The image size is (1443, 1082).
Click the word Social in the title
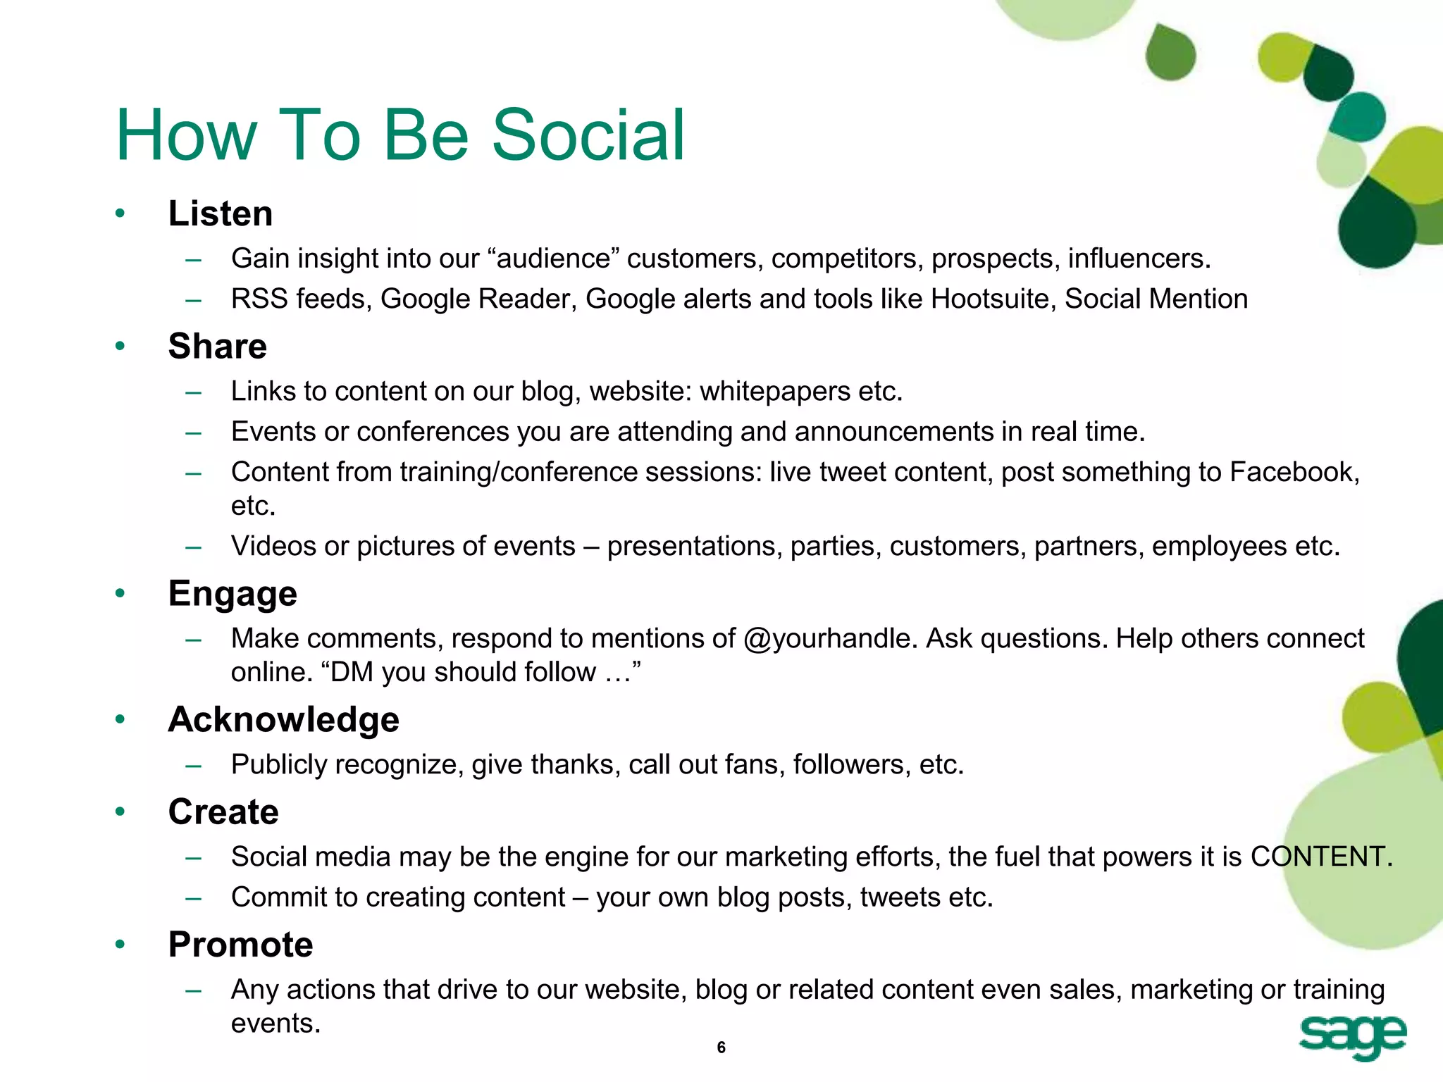coord(588,135)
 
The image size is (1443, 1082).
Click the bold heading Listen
coord(220,213)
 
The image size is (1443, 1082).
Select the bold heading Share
coord(217,346)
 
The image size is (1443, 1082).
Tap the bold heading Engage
coord(233,593)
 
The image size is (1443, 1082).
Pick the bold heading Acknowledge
coord(283,719)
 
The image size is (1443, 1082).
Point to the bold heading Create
coord(223,811)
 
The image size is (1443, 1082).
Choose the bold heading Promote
coord(240,944)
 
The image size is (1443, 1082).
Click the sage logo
coord(1352,1037)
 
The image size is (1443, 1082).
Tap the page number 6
coord(721,1047)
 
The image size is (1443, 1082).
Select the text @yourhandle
coord(830,638)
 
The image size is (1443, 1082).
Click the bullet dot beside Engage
coord(120,593)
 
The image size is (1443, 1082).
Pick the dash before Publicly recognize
coord(194,766)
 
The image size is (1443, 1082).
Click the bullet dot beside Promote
coord(120,944)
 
